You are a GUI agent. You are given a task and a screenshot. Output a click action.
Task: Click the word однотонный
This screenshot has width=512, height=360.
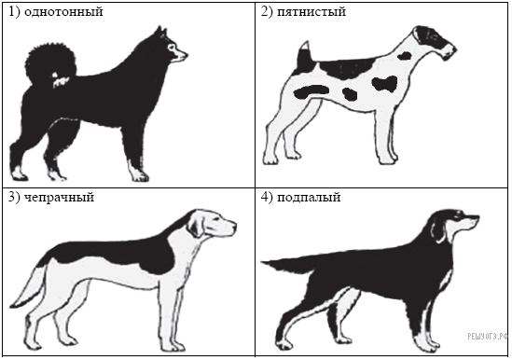(63, 12)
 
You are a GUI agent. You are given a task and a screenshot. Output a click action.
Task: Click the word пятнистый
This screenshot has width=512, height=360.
(311, 12)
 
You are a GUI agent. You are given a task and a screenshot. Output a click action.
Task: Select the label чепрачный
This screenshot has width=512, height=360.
(59, 198)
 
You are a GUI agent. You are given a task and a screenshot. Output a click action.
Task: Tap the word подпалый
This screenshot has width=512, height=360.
(309, 198)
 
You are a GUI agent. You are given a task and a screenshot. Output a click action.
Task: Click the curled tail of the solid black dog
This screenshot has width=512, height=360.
(49, 63)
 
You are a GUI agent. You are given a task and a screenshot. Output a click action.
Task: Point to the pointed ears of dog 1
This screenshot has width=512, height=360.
(161, 32)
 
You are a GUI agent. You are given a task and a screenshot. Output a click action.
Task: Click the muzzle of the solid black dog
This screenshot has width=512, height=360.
(179, 54)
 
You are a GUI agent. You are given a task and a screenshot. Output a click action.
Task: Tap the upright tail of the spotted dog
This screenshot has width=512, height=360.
(305, 58)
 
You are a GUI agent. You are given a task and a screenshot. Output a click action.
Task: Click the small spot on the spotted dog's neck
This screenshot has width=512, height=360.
(405, 56)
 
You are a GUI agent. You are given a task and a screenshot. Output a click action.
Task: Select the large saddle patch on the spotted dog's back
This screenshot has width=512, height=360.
(346, 68)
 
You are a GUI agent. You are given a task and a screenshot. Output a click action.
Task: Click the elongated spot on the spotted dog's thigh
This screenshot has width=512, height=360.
(311, 91)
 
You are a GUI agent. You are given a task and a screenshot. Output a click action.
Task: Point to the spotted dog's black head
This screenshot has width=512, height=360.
(435, 42)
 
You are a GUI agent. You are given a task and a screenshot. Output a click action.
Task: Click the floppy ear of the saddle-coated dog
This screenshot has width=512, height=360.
(196, 226)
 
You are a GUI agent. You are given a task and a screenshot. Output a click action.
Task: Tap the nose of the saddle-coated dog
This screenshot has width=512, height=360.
(234, 226)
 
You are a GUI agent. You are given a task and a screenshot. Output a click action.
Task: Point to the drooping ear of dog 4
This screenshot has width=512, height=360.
(439, 231)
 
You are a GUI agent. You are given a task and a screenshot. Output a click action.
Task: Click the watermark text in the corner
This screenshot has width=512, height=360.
(488, 336)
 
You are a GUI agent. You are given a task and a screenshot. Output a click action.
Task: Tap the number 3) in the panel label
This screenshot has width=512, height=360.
(14, 198)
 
